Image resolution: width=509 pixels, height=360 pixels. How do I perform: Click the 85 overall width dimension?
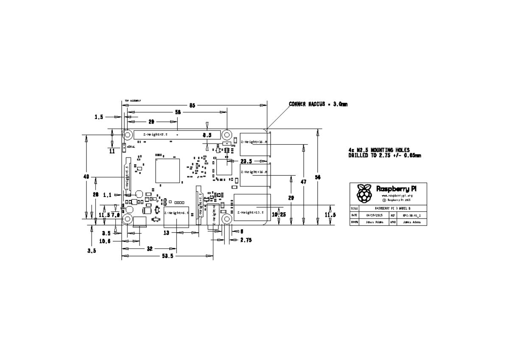tap(192, 105)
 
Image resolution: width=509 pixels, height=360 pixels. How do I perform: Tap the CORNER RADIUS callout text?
tap(318, 104)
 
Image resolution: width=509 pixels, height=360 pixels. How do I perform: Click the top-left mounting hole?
tap(127, 135)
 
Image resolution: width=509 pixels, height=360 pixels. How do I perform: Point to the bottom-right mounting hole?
tap(227, 219)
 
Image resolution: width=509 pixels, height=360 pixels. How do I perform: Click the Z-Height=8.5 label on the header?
tap(155, 135)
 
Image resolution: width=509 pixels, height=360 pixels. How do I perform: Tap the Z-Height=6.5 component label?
tap(176, 213)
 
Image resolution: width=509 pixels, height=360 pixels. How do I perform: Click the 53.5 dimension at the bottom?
tap(167, 256)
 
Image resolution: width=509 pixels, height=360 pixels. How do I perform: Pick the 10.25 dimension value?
tap(278, 215)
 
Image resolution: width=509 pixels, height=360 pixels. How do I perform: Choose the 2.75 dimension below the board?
tap(246, 240)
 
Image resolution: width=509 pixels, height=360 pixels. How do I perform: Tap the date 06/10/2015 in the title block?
tap(375, 216)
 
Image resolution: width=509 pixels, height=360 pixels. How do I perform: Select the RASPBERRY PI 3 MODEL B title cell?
tap(393, 209)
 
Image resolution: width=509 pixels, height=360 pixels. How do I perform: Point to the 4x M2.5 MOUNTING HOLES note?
tap(379, 150)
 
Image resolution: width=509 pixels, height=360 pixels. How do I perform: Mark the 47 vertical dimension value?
tap(304, 181)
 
